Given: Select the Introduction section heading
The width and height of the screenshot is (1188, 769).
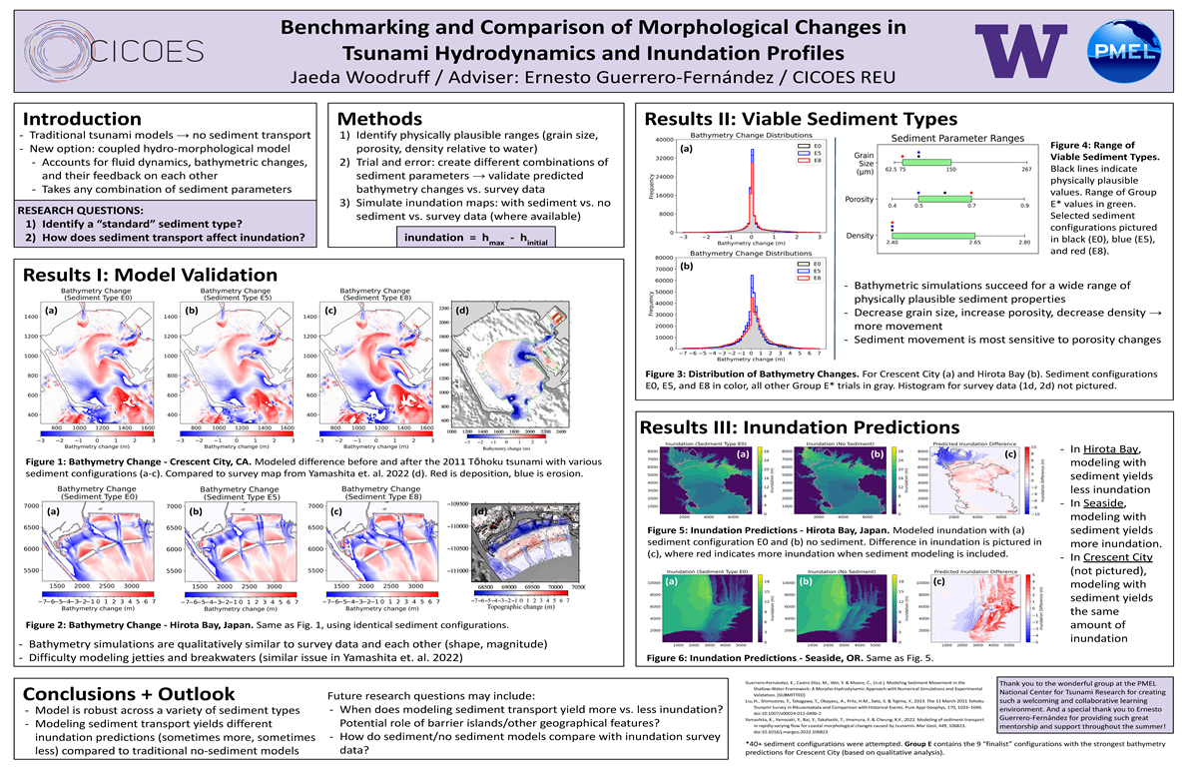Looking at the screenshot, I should click(x=82, y=119).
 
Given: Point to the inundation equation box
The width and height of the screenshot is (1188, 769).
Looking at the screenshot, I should click(x=477, y=239).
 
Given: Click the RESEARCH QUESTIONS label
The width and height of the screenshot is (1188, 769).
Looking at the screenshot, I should click(x=78, y=210).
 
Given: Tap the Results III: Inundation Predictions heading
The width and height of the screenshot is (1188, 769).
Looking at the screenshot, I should click(x=789, y=426).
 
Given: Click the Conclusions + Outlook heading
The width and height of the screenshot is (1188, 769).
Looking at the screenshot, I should click(x=129, y=693).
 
